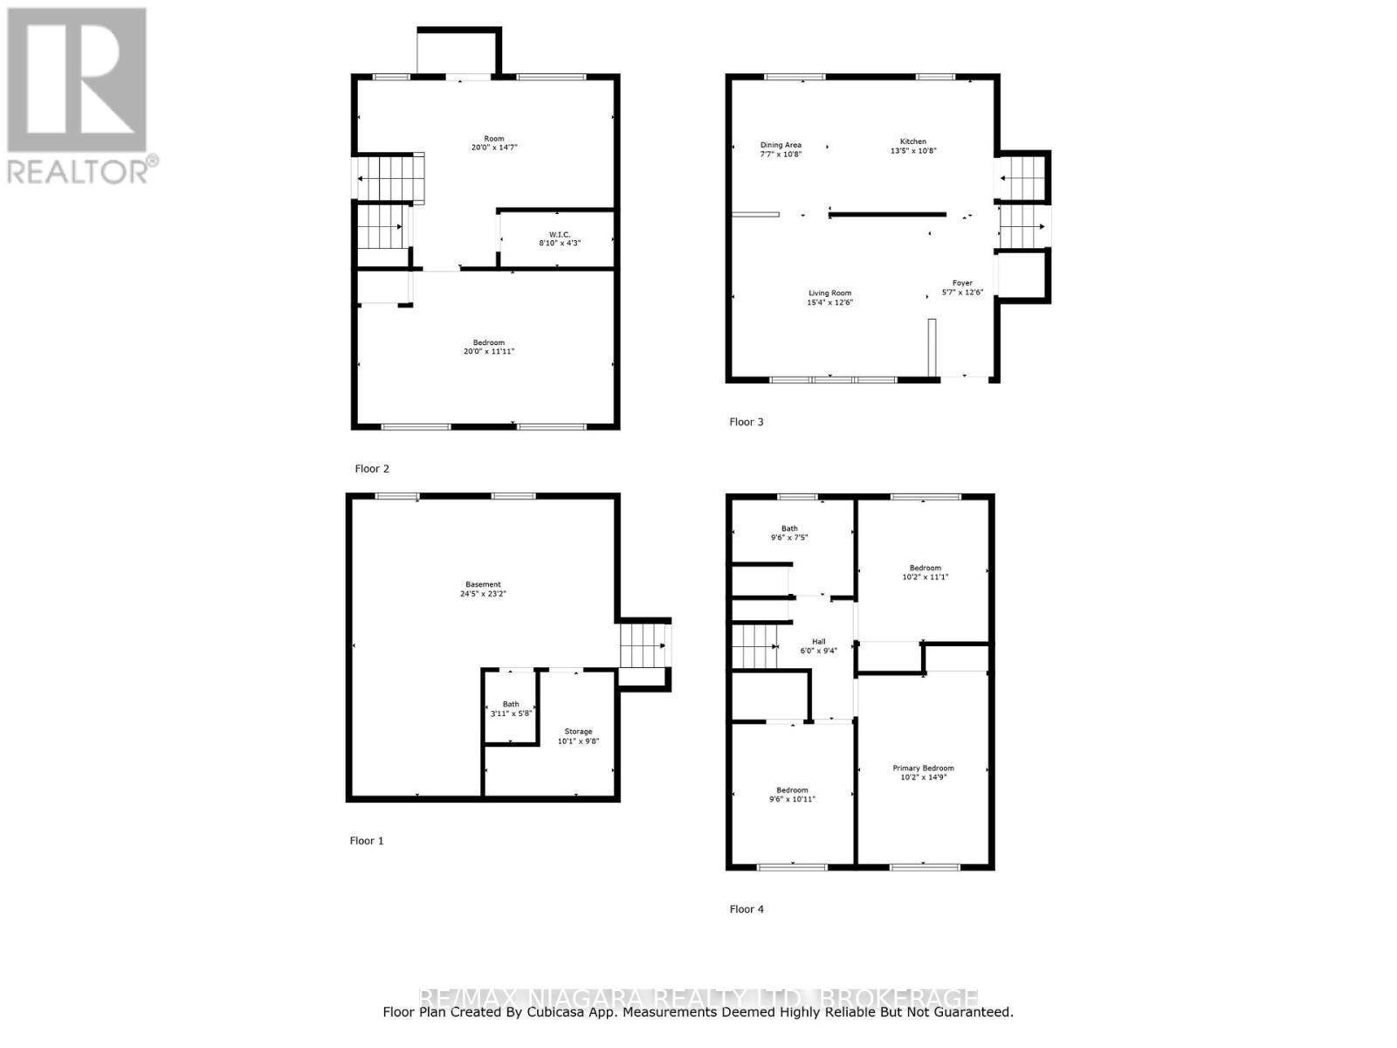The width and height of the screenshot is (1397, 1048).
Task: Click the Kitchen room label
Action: pos(913,146)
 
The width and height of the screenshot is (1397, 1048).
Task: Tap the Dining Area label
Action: pos(781,149)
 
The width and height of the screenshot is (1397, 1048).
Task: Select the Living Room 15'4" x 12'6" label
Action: pos(829,298)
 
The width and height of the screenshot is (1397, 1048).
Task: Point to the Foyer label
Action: pos(962,287)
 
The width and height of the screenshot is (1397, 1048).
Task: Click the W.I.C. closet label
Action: pos(560,238)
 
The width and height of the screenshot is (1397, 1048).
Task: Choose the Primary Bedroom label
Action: pos(923,772)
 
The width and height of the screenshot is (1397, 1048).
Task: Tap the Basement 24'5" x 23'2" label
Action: pos(483,589)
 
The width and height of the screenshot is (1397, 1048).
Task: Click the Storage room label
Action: pos(578,736)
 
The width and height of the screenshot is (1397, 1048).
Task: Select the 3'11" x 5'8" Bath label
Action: pos(511,708)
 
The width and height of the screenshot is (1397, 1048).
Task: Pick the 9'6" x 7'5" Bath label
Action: pos(789,533)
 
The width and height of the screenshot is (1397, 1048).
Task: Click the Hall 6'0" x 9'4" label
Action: pos(818,645)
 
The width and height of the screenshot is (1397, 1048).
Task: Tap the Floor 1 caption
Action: pos(367,841)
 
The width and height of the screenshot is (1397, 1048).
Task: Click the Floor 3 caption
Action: pos(747,422)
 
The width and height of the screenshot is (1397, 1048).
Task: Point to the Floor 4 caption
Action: pos(747,909)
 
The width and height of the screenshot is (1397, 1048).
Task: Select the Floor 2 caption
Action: pos(372,469)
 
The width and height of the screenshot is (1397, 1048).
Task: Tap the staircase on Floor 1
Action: pos(644,645)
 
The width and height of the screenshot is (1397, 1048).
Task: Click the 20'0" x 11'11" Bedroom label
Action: pos(489,347)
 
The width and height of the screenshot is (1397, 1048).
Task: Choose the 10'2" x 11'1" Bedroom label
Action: pos(925,572)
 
